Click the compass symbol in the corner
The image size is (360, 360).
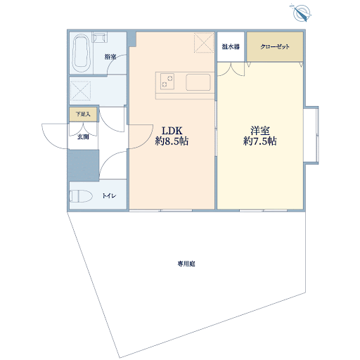pos(302,13)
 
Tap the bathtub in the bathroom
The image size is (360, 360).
pos(81,53)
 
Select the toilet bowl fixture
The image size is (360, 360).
pos(80,196)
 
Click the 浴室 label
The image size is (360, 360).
pos(110,57)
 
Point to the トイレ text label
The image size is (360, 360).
pos(109,195)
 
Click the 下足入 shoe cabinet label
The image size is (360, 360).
pos(83,115)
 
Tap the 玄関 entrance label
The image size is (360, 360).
pos(83,137)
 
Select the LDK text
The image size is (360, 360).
pos(172,131)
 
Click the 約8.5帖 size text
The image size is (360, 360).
pos(172,141)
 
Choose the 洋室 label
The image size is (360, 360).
pos(260,131)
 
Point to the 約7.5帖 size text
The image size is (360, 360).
pos(260,141)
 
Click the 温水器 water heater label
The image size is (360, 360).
pos(231,46)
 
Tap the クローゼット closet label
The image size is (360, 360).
pos(275,46)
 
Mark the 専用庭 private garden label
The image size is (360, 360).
pos(186,264)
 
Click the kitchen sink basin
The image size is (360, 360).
pos(198,82)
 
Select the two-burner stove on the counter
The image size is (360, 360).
pos(167,81)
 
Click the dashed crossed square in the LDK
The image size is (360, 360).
pos(204,43)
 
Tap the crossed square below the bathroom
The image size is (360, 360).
pos(80,91)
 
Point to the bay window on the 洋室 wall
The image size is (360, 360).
pos(311,134)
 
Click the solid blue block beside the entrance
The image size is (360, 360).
pos(84,165)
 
